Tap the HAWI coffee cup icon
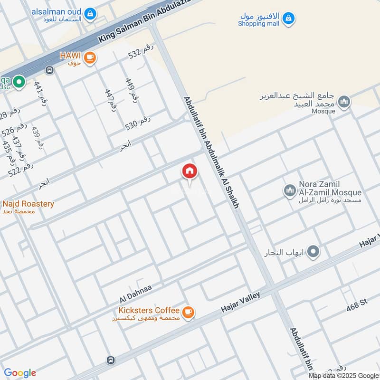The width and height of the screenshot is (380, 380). pyautogui.click(x=89, y=57)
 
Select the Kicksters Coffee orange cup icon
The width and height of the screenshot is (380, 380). pyautogui.click(x=189, y=312)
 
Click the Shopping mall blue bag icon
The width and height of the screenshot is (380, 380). pyautogui.click(x=288, y=19)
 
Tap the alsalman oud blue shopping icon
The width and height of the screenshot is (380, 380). pyautogui.click(x=89, y=13)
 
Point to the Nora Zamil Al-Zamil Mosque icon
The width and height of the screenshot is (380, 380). pyautogui.click(x=289, y=191)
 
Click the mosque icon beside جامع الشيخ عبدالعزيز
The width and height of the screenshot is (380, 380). pyautogui.click(x=344, y=101)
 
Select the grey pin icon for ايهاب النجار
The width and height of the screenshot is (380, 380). pyautogui.click(x=313, y=251)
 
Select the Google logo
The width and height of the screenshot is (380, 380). pyautogui.click(x=20, y=373)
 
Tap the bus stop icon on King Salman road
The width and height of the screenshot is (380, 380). pyautogui.click(x=49, y=70)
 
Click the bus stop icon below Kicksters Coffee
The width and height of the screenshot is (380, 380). pyautogui.click(x=111, y=360)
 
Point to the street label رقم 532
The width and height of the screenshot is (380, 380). pyautogui.click(x=142, y=55)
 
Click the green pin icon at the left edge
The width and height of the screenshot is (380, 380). pyautogui.click(x=19, y=82)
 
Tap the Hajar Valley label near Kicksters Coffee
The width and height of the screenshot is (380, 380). pyautogui.click(x=241, y=302)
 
